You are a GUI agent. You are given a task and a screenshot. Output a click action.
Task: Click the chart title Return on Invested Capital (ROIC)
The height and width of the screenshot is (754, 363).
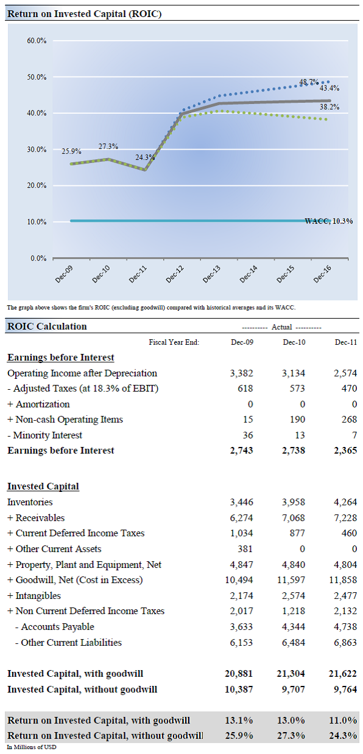click(x=84, y=13)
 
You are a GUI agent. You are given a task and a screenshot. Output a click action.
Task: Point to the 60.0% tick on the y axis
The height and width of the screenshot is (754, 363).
click(x=37, y=41)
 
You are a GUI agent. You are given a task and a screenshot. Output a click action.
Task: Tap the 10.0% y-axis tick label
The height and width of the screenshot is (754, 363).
click(x=37, y=222)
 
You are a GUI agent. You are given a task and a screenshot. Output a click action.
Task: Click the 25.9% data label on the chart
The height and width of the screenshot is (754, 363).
click(x=71, y=151)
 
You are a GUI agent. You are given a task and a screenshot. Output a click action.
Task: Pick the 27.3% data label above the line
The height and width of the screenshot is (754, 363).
click(x=108, y=147)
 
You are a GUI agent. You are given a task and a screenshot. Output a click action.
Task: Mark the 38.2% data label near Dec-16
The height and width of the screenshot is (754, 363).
click(x=330, y=107)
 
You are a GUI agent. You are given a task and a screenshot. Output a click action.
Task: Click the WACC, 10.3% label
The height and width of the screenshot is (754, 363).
click(x=328, y=221)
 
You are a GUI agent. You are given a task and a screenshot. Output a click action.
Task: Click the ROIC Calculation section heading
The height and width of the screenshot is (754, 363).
click(x=47, y=327)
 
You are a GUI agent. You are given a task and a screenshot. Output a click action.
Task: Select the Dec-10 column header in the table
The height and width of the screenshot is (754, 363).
click(x=294, y=342)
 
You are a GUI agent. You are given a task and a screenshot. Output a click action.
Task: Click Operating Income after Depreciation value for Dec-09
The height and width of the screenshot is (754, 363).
click(x=242, y=373)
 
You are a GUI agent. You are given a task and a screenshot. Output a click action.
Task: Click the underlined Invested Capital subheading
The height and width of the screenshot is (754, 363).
click(x=43, y=486)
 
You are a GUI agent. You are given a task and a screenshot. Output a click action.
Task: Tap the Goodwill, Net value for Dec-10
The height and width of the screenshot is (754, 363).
click(x=292, y=580)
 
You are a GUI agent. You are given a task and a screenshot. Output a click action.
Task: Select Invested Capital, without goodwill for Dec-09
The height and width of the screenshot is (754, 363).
click(x=239, y=690)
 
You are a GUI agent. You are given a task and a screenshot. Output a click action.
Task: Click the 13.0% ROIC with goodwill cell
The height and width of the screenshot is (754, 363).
click(x=291, y=721)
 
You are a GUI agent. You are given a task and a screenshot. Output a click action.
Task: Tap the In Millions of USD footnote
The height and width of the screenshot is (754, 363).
click(x=32, y=747)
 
